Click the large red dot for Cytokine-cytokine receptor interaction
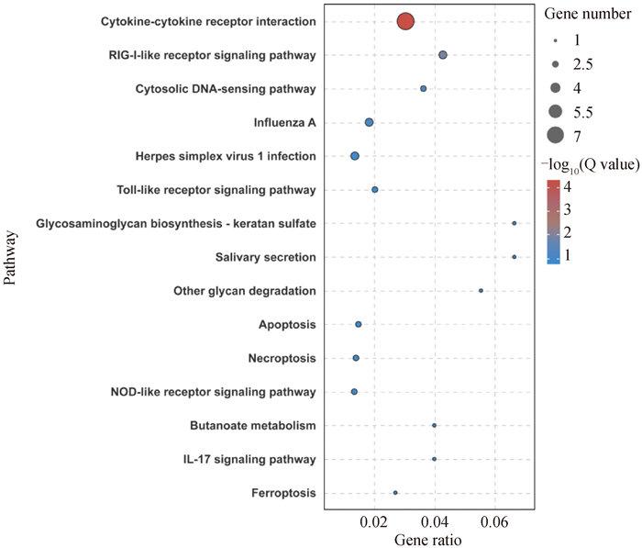[406, 21]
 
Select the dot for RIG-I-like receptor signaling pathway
[443, 55]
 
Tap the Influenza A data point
[369, 122]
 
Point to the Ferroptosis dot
[395, 493]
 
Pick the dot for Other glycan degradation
[481, 290]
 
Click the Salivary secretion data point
[515, 257]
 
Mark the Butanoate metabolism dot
[434, 425]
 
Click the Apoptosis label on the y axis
[288, 324]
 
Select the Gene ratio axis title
[429, 540]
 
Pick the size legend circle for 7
[555, 136]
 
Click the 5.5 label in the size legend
[584, 112]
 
